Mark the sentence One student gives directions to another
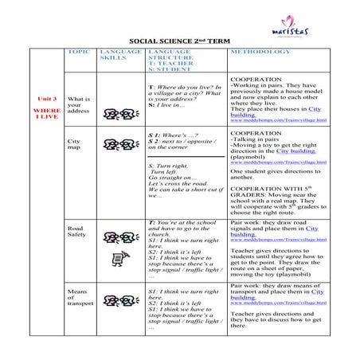[275, 174]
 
